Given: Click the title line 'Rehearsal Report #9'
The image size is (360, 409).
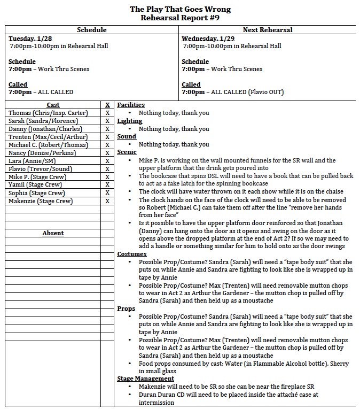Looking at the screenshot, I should [x=180, y=18].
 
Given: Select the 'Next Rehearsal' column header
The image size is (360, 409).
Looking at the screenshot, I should [x=268, y=30].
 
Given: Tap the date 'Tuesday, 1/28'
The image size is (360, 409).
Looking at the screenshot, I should [x=29, y=38].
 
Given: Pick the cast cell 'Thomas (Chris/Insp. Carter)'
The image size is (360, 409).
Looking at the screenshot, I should [x=48, y=113].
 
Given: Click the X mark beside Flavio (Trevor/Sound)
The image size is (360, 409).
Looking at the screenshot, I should [x=107, y=169].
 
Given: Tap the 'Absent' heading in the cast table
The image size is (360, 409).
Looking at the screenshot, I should [x=53, y=233].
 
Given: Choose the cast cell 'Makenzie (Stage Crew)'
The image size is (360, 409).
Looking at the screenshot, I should [x=41, y=201].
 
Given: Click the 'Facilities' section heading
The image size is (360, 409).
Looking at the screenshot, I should [x=131, y=105].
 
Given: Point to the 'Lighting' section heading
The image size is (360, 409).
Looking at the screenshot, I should [x=130, y=121].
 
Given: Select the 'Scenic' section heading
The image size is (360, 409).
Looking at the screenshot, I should [x=127, y=152].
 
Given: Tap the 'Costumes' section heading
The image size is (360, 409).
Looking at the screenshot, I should [x=132, y=254].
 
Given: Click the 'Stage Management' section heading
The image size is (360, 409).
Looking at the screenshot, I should [x=146, y=379].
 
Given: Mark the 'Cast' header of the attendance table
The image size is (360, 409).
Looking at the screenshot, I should [x=53, y=105].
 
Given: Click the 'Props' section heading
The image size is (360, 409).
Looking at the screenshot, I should [x=126, y=308].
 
